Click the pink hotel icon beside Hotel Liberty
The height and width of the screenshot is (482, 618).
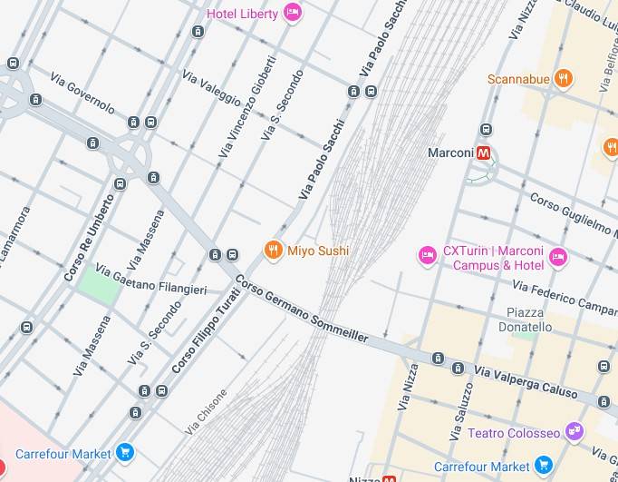coord(292,12)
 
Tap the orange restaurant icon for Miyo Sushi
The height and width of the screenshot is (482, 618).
coord(273,251)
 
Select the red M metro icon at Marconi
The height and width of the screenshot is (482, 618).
coord(485,153)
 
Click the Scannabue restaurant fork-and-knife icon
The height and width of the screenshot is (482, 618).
coord(564,79)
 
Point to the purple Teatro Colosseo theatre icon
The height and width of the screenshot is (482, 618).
coord(573,432)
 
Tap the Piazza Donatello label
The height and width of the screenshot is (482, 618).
coord(525,320)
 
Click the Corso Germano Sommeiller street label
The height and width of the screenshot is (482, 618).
coord(302,309)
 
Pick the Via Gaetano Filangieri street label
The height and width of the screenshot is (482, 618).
coord(151,280)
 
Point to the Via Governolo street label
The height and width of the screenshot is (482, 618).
coord(82,93)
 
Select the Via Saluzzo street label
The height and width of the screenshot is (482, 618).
coord(462,410)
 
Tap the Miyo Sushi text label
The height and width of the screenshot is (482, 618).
coord(318,251)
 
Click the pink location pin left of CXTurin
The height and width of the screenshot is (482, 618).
coord(427,257)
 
